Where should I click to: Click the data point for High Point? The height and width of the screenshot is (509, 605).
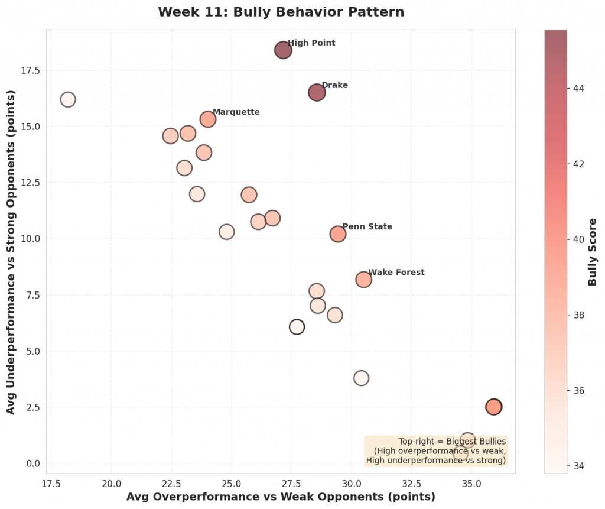tap(283, 50)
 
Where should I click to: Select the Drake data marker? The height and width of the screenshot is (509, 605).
tap(317, 92)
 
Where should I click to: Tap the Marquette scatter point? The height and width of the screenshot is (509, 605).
tap(207, 119)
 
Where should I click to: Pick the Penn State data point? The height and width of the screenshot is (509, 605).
tap(337, 234)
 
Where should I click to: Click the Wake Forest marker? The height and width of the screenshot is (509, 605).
tap(363, 280)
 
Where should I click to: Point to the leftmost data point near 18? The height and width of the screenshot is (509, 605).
tap(68, 99)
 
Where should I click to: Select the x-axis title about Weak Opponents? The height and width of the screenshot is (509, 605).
tap(281, 497)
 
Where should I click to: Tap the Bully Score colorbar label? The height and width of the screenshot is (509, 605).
tap(593, 251)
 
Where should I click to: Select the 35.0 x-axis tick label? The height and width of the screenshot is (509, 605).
tap(471, 483)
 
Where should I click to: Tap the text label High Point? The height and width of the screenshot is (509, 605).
tap(311, 43)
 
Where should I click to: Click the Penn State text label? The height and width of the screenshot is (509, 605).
tap(367, 227)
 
